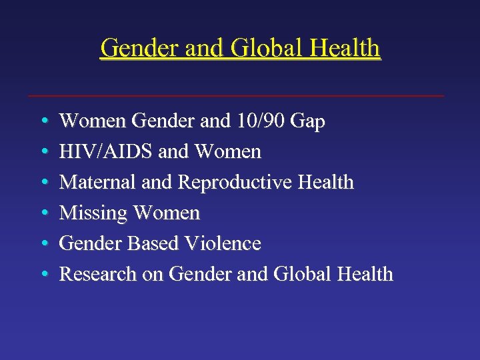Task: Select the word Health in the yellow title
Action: tap(341, 49)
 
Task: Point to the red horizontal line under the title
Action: tap(236, 96)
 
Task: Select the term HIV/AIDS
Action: tap(107, 152)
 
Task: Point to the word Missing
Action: tap(93, 213)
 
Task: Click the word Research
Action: tap(96, 274)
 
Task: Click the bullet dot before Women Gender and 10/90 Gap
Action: tap(42, 122)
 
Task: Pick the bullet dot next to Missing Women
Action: tap(42, 213)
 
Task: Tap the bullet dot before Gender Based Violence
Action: tap(42, 244)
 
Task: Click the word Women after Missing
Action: tap(166, 213)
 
